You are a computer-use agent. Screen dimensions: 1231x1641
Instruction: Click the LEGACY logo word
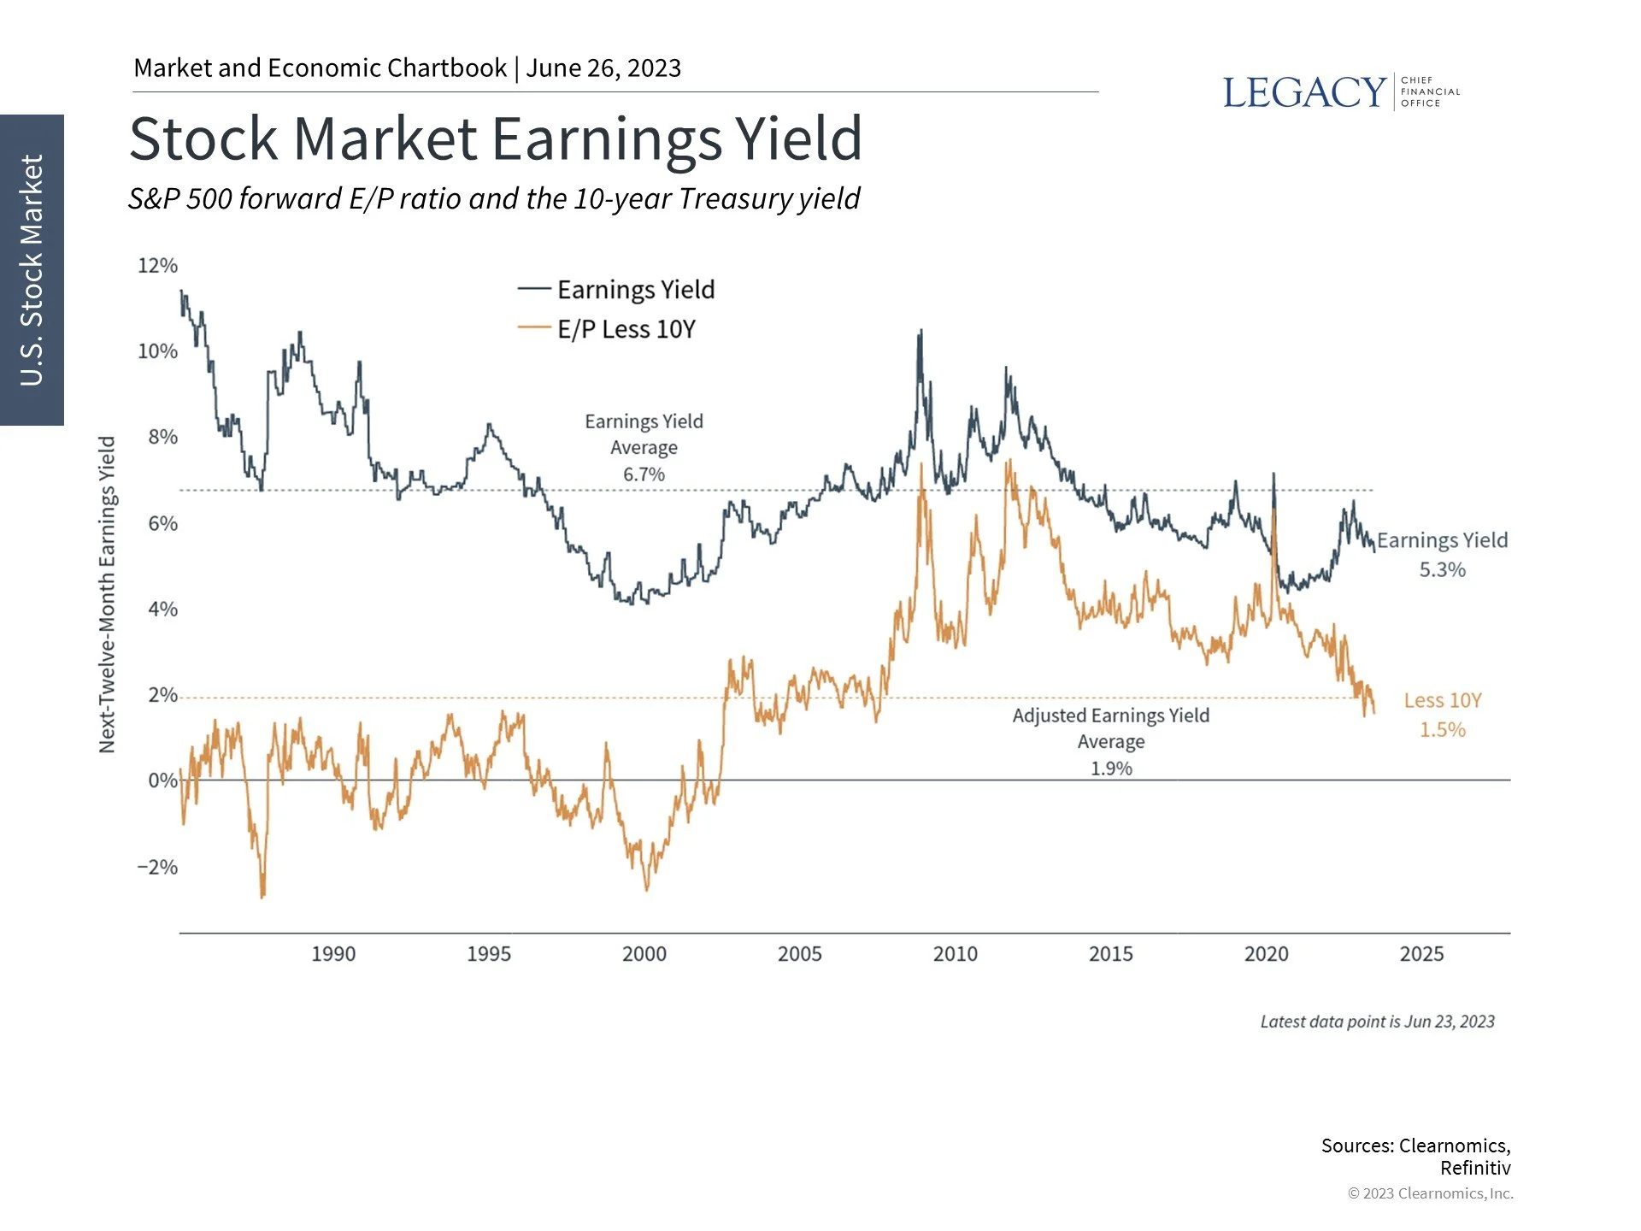coord(1303,92)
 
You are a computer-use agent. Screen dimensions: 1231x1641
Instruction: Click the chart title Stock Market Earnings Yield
coord(496,139)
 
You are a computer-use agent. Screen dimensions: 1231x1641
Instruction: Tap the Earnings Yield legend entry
coord(635,290)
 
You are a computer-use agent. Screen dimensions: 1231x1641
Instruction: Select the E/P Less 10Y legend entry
coord(626,329)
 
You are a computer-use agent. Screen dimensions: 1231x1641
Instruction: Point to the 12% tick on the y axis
coord(158,266)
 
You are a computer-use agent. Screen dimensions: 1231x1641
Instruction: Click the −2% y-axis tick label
coord(157,867)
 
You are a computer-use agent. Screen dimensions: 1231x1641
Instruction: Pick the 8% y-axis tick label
coord(162,437)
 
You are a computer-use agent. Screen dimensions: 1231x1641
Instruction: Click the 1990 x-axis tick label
coord(333,954)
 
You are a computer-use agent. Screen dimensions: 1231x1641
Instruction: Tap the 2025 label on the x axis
coord(1421,954)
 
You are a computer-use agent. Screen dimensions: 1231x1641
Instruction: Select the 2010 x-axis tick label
coord(955,954)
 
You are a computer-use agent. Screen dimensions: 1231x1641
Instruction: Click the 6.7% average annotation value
coord(644,474)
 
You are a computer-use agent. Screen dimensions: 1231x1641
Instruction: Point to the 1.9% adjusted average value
coord(1111,769)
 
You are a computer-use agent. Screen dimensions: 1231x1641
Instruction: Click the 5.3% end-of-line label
coord(1443,570)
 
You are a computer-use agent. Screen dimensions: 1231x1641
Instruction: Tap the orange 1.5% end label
coord(1443,730)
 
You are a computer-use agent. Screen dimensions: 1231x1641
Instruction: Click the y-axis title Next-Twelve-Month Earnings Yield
coord(107,594)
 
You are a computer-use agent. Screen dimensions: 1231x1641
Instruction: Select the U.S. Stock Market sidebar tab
coord(32,269)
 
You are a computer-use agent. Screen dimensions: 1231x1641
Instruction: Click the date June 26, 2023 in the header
coord(603,68)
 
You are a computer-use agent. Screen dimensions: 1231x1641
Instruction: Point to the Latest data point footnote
coord(1377,1022)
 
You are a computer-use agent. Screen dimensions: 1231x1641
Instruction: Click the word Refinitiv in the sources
coord(1475,1168)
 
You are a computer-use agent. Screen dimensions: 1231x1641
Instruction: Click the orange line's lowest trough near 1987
coord(262,895)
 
